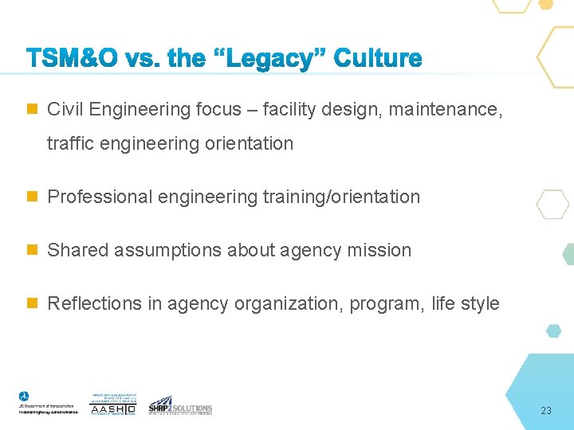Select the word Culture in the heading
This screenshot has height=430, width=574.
pos(378,58)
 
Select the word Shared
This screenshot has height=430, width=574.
pos(78,250)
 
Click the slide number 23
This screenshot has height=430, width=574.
pos(545,411)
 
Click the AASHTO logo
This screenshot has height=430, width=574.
pos(114,405)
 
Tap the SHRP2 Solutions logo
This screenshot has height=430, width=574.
pos(180,405)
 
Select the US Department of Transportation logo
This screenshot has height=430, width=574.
pos(48,403)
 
